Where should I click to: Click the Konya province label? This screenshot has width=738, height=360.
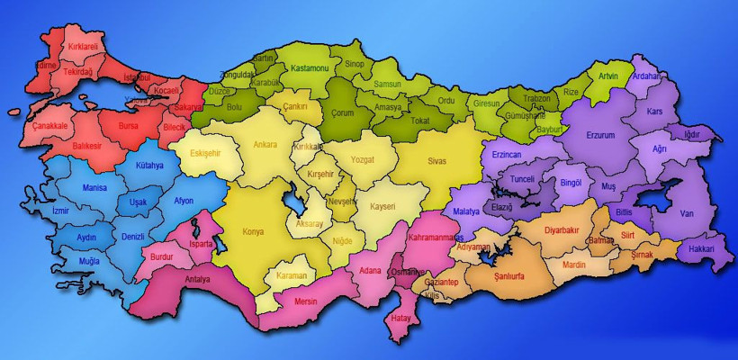pyautogui.click(x=254, y=230)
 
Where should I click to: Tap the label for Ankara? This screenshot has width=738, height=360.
pyautogui.click(x=265, y=144)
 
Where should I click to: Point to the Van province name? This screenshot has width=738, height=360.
pyautogui.click(x=688, y=213)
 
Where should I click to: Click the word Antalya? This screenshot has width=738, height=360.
pyautogui.click(x=197, y=279)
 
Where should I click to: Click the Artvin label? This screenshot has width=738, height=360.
pyautogui.click(x=608, y=76)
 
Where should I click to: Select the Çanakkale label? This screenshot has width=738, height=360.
pyautogui.click(x=51, y=125)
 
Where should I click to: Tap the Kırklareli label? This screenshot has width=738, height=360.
pyautogui.click(x=82, y=45)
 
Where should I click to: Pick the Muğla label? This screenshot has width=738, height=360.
pyautogui.click(x=89, y=260)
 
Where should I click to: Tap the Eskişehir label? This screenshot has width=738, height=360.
pyautogui.click(x=205, y=153)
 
